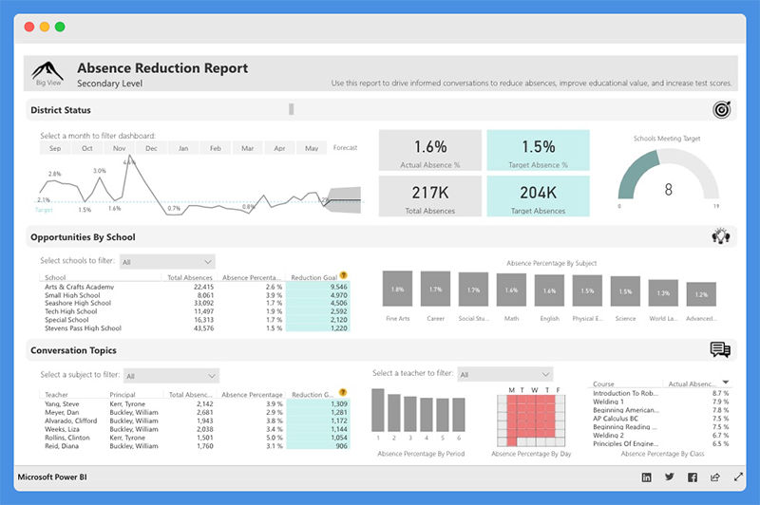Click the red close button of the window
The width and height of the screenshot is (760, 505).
point(29,28)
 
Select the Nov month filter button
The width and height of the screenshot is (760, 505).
point(120,148)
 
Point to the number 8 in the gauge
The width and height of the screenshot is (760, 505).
point(668,189)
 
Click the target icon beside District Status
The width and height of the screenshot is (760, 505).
point(721,110)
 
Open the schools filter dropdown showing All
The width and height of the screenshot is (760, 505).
point(167,261)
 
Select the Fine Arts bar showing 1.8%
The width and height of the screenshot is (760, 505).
point(397,289)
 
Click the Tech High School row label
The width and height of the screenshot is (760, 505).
point(70,311)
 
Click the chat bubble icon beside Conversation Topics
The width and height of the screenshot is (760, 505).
point(720,350)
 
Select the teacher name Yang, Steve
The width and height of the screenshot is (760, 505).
point(62,403)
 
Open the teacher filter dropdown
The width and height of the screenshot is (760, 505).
point(503,375)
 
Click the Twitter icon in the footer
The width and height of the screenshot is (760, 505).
point(669,477)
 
